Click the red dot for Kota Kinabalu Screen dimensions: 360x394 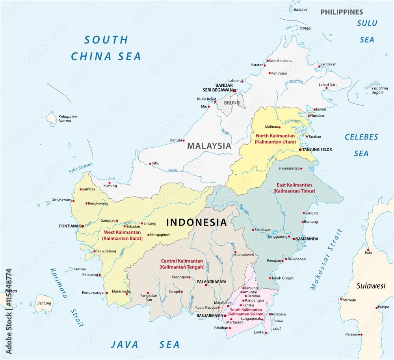point(267,61)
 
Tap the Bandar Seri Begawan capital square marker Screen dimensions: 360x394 point(234,91)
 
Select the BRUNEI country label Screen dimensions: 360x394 point(232,103)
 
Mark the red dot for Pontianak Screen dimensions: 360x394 point(82,226)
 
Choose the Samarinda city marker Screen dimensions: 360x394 point(294,239)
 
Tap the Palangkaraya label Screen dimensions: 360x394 point(212,282)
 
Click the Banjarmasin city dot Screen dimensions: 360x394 point(225,315)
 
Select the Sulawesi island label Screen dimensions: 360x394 point(371,286)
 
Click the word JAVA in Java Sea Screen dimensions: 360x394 point(125,344)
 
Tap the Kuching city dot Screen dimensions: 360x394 point(110,183)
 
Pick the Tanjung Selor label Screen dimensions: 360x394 point(318,149)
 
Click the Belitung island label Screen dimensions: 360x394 point(44,303)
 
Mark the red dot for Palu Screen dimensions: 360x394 point(367,250)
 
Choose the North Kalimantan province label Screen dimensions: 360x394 point(273,138)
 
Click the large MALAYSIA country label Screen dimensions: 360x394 point(209,145)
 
